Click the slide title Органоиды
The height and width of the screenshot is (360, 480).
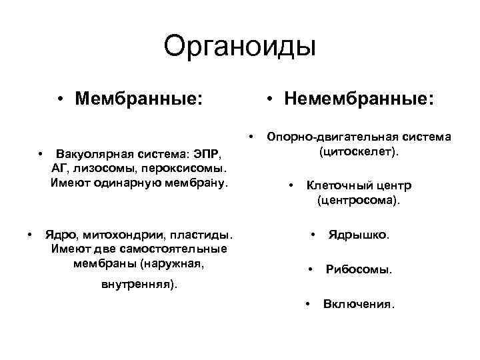coord(239,47)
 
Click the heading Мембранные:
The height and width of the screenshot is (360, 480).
coord(139,99)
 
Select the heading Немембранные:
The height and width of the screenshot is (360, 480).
coord(359,99)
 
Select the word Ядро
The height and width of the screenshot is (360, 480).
coord(59,235)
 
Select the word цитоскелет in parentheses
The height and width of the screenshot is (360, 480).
coord(359,152)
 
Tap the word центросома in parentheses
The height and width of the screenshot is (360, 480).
coord(358,200)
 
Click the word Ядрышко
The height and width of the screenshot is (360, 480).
coord(359,235)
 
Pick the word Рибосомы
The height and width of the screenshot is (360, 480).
coord(359,270)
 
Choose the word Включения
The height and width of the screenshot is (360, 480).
coord(359,305)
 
